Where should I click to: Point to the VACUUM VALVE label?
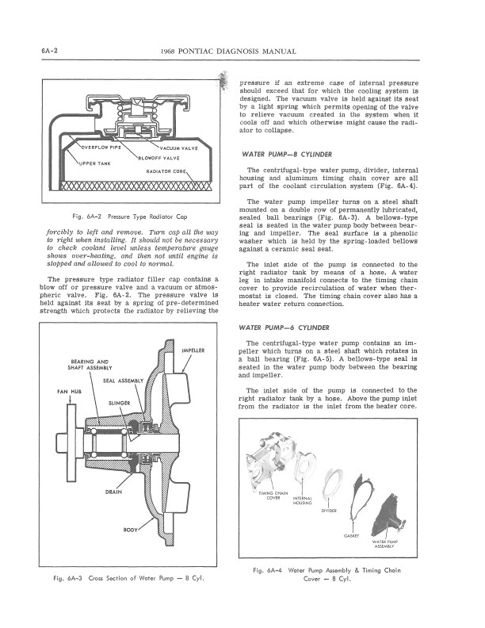(181, 148)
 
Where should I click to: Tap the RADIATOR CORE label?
(166, 171)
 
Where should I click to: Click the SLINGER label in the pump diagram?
(119, 403)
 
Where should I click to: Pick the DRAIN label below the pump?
(113, 492)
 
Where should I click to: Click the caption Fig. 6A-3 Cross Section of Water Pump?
(129, 576)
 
